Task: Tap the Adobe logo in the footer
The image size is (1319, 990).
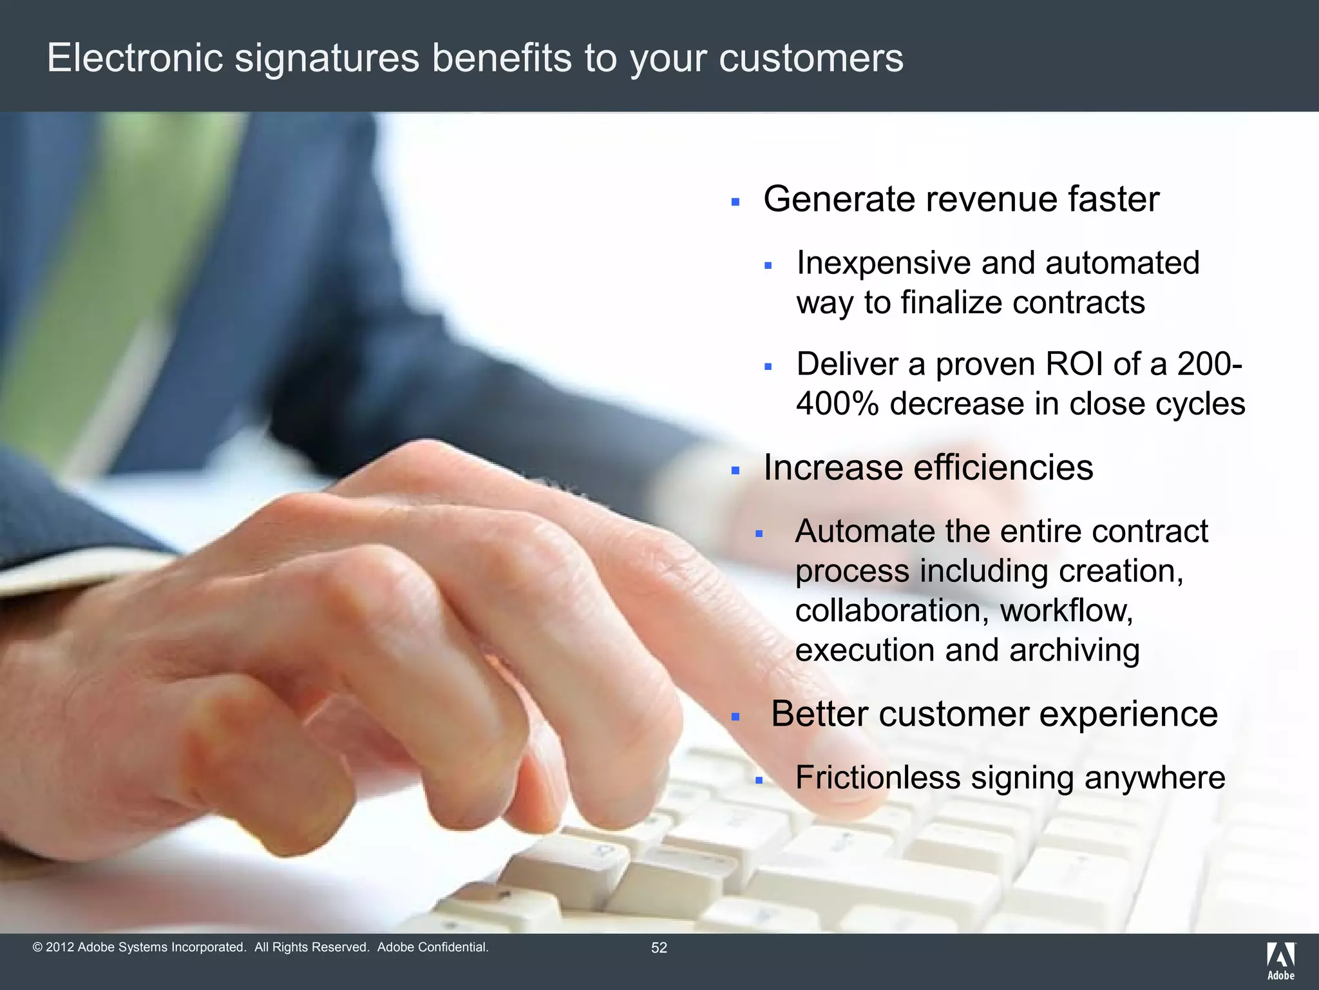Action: coord(1280,960)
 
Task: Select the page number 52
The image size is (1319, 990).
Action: coord(659,947)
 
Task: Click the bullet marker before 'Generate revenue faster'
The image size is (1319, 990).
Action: coord(735,202)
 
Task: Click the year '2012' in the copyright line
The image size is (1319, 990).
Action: coord(60,947)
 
